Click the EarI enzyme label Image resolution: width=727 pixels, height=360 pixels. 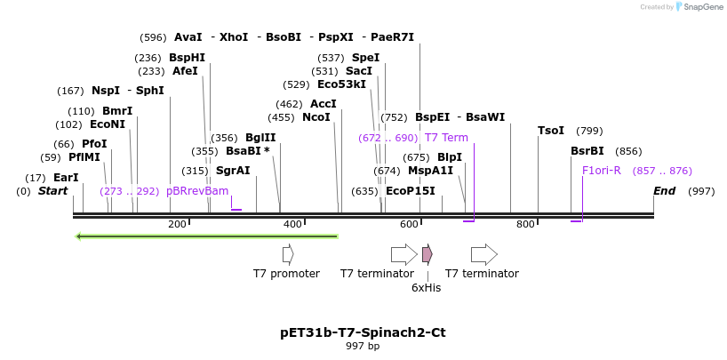pyautogui.click(x=66, y=178)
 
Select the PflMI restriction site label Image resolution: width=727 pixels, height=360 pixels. pyautogui.click(x=84, y=157)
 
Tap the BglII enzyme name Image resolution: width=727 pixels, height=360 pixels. pyautogui.click(x=260, y=138)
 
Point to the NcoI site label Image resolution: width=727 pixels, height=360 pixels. pyautogui.click(x=316, y=117)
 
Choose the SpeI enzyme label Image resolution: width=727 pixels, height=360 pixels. pyautogui.click(x=365, y=58)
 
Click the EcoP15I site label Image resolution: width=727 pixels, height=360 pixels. pyautogui.click(x=411, y=191)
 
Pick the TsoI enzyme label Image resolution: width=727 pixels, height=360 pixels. pyautogui.click(x=551, y=131)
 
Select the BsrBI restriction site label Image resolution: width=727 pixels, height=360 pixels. pyautogui.click(x=587, y=151)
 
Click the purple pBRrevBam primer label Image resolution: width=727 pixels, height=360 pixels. pyautogui.click(x=197, y=191)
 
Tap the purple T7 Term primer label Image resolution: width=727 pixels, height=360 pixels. pyautogui.click(x=446, y=138)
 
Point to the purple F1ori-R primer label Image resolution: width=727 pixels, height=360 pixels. pyautogui.click(x=602, y=171)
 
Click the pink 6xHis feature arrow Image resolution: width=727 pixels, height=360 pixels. pyautogui.click(x=427, y=254)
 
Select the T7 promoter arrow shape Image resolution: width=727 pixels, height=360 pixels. pyautogui.click(x=288, y=254)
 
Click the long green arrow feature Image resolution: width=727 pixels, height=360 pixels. pyautogui.click(x=207, y=236)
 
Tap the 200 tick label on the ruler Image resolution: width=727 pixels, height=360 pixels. pyautogui.click(x=177, y=224)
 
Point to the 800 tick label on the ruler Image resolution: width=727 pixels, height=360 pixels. pyautogui.click(x=525, y=224)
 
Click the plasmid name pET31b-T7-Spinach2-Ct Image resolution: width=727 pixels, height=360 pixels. pyautogui.click(x=363, y=332)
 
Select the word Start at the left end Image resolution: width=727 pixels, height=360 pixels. pyautogui.click(x=52, y=191)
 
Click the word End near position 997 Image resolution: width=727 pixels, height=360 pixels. pyautogui.click(x=664, y=191)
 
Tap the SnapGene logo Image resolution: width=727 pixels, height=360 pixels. pyautogui.click(x=698, y=7)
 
